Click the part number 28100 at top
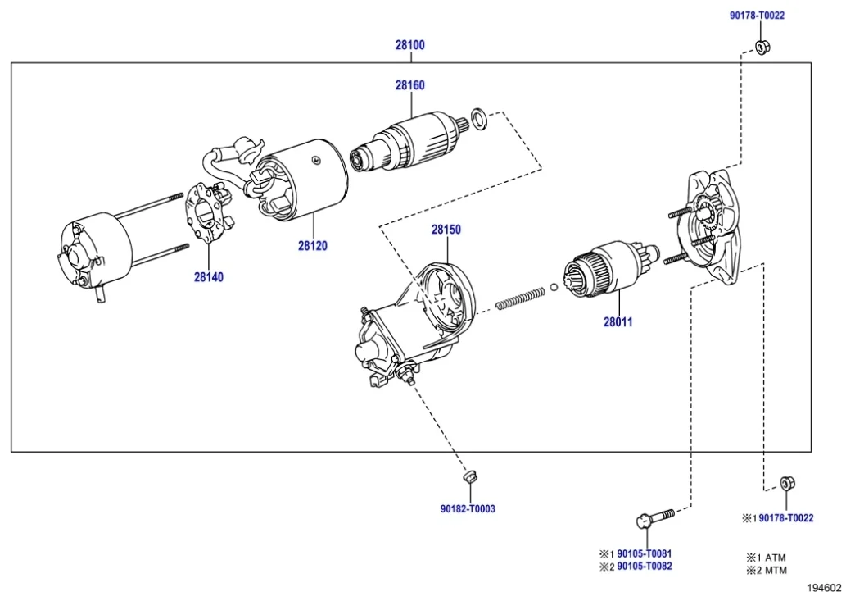click(x=410, y=46)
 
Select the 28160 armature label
click(x=410, y=85)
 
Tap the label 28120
click(x=313, y=245)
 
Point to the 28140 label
click(x=209, y=277)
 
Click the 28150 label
click(x=446, y=230)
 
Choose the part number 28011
click(x=618, y=322)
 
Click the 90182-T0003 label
click(x=468, y=508)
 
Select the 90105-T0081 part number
click(x=645, y=554)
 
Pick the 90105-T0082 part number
click(x=645, y=567)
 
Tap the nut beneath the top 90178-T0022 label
click(x=760, y=48)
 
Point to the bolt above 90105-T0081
click(x=654, y=518)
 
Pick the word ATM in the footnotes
click(x=774, y=557)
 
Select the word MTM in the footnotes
click(x=774, y=570)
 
